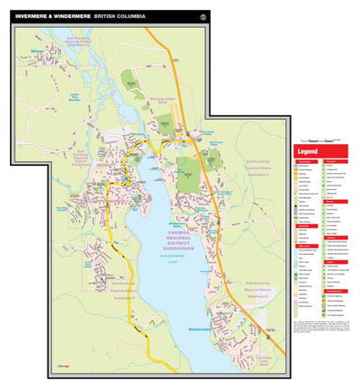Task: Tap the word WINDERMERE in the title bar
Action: [74, 15]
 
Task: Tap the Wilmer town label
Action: [38, 52]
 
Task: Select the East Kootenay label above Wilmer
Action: [78, 41]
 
